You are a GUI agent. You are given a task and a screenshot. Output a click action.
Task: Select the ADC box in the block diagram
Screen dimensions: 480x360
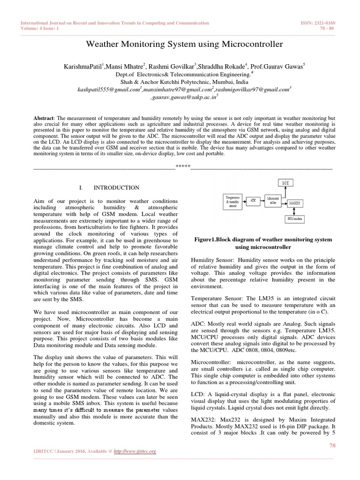pos(253,200)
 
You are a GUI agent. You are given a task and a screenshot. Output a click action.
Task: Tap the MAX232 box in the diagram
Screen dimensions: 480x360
pos(294,203)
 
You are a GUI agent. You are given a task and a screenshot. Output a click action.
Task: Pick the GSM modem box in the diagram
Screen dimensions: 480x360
pos(294,219)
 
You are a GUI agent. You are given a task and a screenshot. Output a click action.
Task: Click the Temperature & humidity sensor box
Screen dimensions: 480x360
pos(232,201)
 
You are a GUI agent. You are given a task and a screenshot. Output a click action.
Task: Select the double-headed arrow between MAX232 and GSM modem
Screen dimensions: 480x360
pos(294,211)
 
